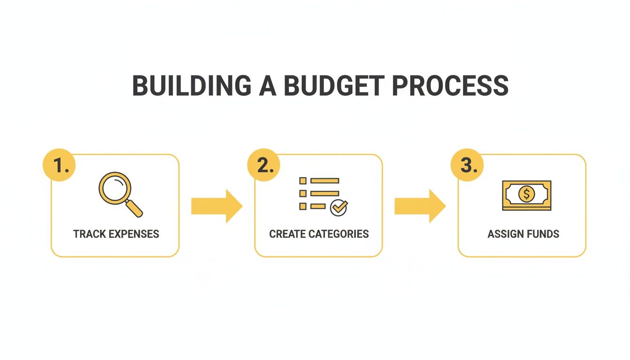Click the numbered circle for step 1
tap(59, 165)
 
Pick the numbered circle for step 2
tap(263, 165)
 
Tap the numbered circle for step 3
tap(467, 165)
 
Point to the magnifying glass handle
tap(135, 209)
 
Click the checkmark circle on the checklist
tap(338, 207)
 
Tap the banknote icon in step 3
tap(527, 195)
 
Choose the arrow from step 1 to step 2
tap(217, 206)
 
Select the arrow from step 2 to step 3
tap(420, 206)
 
